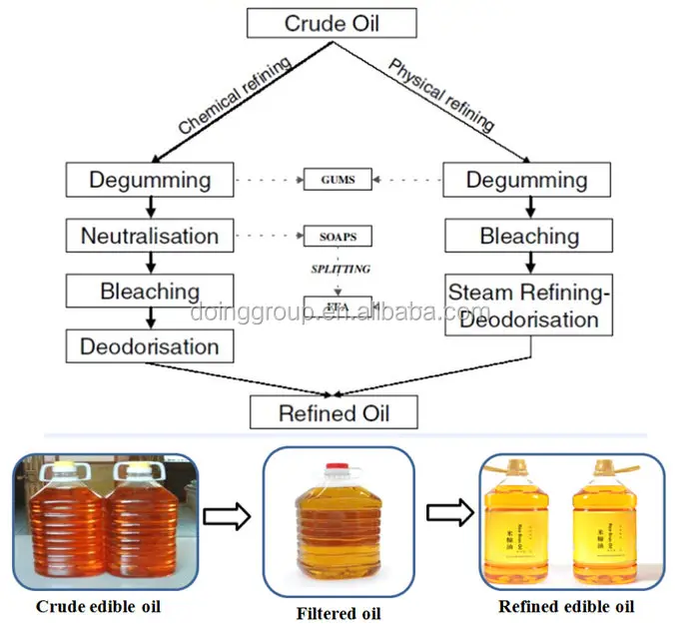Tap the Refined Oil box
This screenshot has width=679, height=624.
[x=334, y=411]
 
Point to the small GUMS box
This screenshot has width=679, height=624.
[x=339, y=181]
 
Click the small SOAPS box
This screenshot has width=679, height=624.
[x=339, y=238]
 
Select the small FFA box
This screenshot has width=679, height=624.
[x=339, y=305]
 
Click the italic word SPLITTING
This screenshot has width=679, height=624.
[x=339, y=270]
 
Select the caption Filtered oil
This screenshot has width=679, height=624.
[x=339, y=613]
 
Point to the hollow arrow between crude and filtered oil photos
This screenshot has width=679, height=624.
[x=226, y=516]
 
